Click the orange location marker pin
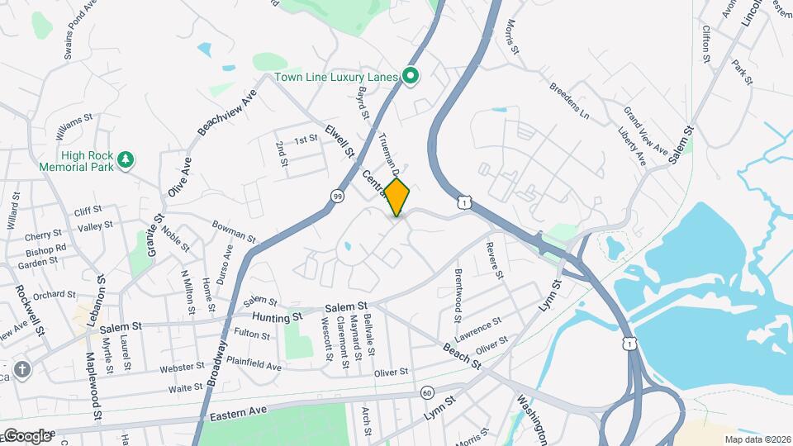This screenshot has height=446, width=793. [397, 197]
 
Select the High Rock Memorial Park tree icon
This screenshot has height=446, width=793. [126, 159]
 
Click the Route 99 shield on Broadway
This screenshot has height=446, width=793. [337, 196]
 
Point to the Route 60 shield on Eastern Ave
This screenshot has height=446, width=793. [426, 392]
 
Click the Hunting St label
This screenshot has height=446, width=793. [278, 317]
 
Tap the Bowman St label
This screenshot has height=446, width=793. [234, 231]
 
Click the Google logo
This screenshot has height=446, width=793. [26, 435]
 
